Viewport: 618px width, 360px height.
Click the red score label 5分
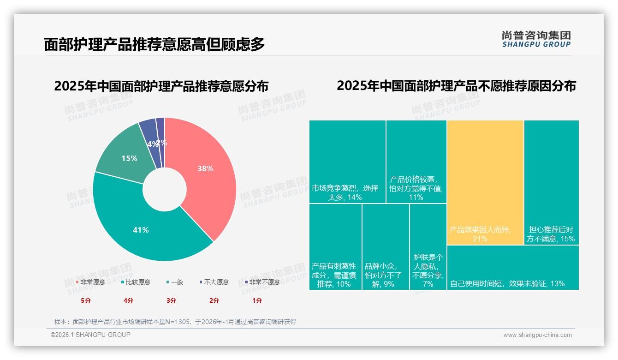[x=86, y=300]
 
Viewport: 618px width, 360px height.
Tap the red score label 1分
[x=257, y=300]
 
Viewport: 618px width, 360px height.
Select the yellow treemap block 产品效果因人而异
[x=485, y=182]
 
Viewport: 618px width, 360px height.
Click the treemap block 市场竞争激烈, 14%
[x=347, y=162]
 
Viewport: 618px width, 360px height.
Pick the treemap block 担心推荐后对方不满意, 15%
[x=551, y=182]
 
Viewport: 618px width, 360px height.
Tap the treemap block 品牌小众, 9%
[x=386, y=247]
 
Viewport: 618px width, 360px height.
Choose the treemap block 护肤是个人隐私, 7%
[x=428, y=247]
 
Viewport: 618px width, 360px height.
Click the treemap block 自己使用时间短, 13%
[x=513, y=268]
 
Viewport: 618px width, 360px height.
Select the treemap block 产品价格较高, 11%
[x=416, y=162]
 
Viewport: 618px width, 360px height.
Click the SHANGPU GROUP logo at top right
[x=536, y=39]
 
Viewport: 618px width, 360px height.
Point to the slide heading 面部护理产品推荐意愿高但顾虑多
[x=154, y=44]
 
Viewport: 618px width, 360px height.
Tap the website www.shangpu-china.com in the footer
[x=537, y=335]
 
